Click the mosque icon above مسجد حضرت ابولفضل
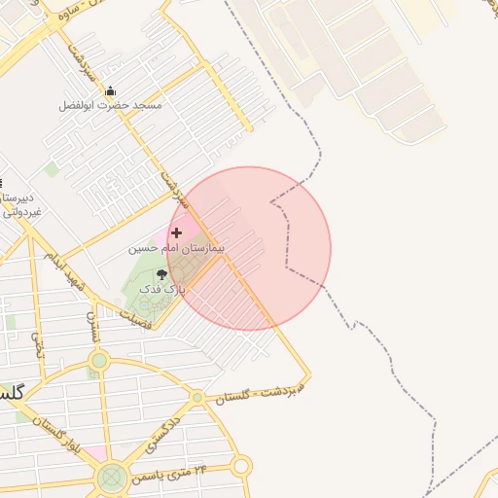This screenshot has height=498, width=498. coord(110,91)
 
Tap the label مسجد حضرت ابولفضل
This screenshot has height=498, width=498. coord(112,104)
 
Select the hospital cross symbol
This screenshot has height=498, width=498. coord(176,232)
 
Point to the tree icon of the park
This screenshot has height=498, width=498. coord(160,275)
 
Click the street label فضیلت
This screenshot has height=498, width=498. coord(135,319)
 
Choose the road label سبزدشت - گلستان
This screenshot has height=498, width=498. coord(259,391)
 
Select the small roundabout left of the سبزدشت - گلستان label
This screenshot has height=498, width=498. coord(197,397)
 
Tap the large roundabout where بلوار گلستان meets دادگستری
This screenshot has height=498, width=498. coord(112,477)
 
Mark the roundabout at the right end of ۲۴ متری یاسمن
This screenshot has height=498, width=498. coord(240,467)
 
